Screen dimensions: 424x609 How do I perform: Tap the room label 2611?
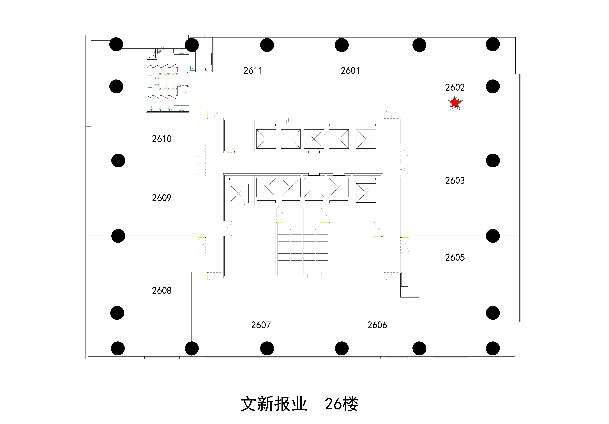[253, 71]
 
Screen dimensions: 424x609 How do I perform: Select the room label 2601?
[350, 71]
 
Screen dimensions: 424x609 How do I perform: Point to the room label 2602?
[455, 87]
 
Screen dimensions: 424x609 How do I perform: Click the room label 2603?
[455, 181]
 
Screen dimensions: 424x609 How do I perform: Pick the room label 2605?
[455, 258]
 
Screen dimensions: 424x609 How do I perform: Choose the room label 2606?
[377, 325]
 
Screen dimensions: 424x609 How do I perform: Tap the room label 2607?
[261, 325]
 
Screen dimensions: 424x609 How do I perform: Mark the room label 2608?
[162, 291]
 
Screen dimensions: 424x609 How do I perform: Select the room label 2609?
[162, 198]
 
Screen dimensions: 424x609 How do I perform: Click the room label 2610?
[162, 139]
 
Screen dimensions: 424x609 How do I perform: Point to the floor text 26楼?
[341, 404]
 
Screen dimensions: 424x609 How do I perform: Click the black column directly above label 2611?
[267, 45]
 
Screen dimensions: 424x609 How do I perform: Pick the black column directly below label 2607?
[267, 348]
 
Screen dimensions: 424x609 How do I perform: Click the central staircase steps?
[303, 247]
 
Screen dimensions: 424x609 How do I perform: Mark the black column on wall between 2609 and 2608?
[118, 236]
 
